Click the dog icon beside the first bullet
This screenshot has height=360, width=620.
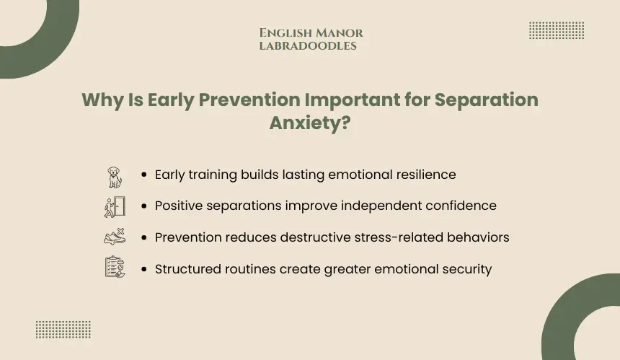click(115, 177)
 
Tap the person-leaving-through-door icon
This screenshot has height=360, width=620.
click(115, 207)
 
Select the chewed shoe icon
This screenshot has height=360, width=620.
click(115, 237)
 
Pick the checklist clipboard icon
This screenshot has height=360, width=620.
click(115, 267)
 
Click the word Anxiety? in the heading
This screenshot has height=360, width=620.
click(310, 123)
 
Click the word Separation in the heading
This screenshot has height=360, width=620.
click(487, 100)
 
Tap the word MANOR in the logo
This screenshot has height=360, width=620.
click(340, 33)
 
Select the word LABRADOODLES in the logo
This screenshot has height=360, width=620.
click(308, 46)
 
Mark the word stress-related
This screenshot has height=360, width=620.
click(399, 237)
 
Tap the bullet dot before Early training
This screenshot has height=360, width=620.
click(143, 175)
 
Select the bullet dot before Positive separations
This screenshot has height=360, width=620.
click(143, 206)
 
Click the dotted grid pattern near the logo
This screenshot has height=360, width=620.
click(557, 30)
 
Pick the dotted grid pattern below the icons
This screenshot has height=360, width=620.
click(63, 330)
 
